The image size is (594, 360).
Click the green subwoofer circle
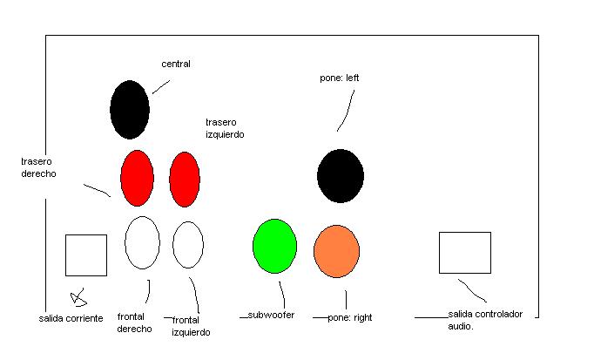tap(274, 246)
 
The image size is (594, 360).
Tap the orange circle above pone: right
tap(336, 251)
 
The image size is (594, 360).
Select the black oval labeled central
tap(130, 110)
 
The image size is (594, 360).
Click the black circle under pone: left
tap(341, 176)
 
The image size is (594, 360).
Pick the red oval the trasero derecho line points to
tap(137, 178)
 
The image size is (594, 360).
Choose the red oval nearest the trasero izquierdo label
tap(185, 180)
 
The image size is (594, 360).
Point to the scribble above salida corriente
tap(78, 297)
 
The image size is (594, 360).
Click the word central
tap(176, 64)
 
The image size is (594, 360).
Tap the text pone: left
tap(340, 78)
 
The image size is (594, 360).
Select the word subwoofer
tap(271, 315)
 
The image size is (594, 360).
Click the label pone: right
tap(349, 317)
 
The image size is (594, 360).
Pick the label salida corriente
tap(71, 318)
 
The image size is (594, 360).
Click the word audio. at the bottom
tap(461, 326)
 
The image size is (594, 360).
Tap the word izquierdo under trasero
tap(225, 134)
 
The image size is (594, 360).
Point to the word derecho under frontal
tap(134, 329)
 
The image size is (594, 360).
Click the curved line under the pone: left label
tap(348, 111)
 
